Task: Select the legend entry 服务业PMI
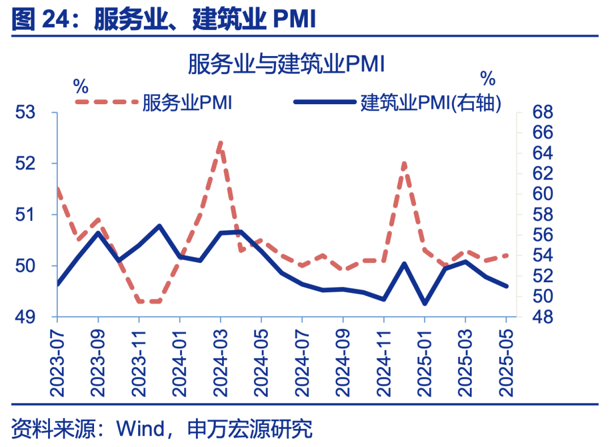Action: pos(186,103)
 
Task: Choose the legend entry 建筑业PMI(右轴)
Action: pos(430,103)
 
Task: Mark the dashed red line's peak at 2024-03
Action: pos(220,143)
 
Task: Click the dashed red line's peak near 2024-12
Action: pos(404,163)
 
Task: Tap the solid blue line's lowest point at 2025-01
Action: pos(424,304)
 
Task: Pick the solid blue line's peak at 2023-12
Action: pos(159,225)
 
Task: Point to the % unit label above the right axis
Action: pos(487,76)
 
